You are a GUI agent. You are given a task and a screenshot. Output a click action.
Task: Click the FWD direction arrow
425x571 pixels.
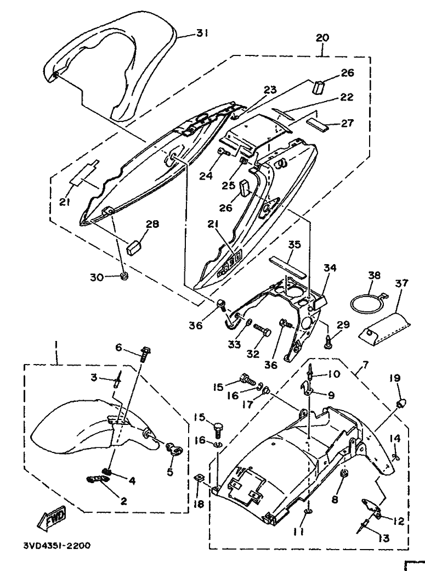(52, 517)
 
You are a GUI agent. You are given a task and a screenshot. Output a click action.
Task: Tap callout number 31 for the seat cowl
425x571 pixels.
(202, 33)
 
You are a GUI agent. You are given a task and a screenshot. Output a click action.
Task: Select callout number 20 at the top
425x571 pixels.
(322, 37)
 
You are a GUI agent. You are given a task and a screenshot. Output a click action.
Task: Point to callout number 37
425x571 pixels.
(402, 283)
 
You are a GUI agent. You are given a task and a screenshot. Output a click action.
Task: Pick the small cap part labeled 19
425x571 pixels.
(401, 403)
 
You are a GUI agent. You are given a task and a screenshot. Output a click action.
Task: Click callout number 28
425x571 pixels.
(152, 224)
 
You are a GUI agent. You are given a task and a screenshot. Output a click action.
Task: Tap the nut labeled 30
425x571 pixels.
(124, 277)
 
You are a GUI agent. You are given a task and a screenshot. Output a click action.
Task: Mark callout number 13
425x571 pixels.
(382, 538)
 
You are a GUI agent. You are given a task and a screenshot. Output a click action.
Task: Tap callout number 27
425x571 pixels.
(347, 123)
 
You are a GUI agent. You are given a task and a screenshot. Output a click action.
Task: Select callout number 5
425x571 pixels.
(170, 472)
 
